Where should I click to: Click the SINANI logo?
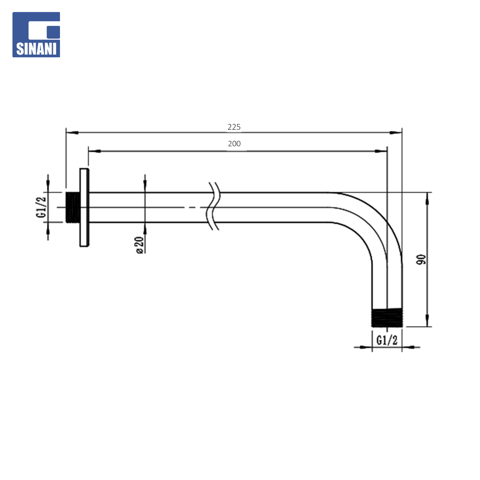point(36,35)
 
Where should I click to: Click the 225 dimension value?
point(234,127)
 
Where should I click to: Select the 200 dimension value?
point(234,144)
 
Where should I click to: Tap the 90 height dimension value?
point(421,260)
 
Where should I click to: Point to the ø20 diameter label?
point(139,245)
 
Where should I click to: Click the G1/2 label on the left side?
point(41,207)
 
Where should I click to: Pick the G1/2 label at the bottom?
point(387,340)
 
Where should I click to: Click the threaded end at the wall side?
point(73,207)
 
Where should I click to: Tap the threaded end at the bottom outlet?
point(387,318)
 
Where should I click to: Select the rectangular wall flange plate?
point(84,207)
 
